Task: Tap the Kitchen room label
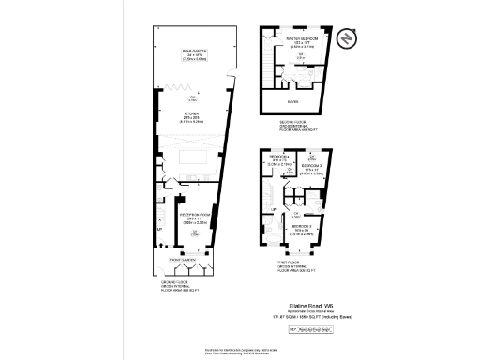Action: (x=194, y=116)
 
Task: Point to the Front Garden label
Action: (x=182, y=258)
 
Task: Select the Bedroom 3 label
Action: (x=312, y=170)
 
